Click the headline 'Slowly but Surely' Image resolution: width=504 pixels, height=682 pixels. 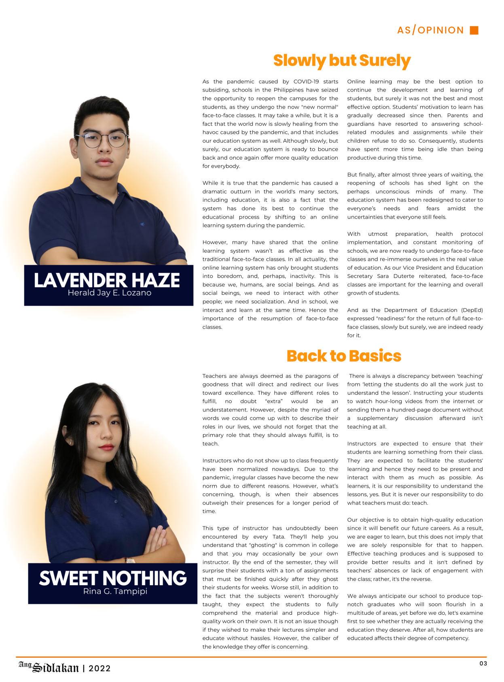(342, 61)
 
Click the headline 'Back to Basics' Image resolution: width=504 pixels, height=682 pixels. (344, 356)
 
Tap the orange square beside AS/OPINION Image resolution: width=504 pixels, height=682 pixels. (474, 30)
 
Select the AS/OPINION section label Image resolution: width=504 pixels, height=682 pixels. (430, 30)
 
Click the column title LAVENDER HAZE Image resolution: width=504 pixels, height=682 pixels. (107, 280)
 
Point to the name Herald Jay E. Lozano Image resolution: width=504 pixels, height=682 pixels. (109, 293)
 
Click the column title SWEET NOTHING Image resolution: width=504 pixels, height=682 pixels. (112, 578)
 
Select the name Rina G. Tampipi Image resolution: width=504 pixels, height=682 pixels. (115, 591)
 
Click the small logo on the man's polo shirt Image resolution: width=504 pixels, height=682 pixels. (142, 224)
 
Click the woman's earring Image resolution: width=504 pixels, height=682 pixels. (71, 443)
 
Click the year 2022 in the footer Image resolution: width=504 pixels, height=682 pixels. (100, 669)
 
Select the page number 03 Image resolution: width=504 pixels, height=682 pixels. (483, 663)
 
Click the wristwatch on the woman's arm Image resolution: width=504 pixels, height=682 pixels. (130, 561)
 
